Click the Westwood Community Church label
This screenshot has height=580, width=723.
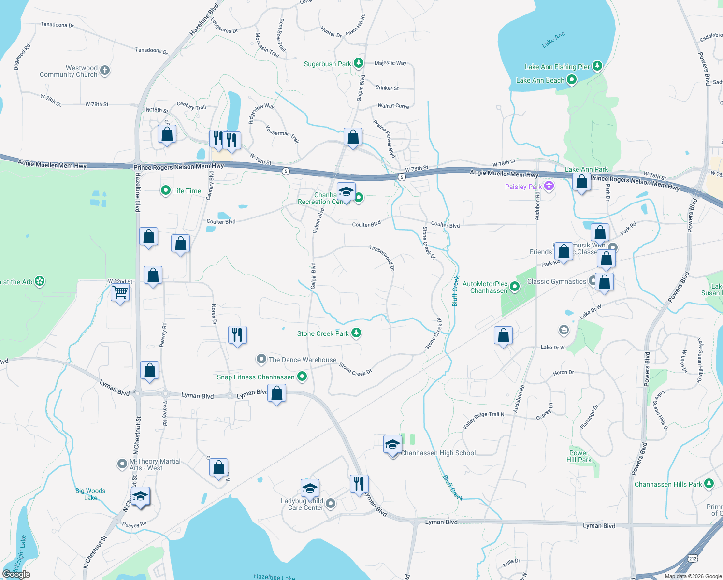pyautogui.click(x=68, y=72)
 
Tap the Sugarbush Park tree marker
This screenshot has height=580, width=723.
pyautogui.click(x=358, y=63)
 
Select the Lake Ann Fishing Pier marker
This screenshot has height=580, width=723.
pyautogui.click(x=597, y=66)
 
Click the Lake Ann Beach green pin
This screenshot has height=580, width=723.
pyautogui.click(x=571, y=80)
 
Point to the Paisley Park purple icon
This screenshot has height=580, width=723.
pyautogui.click(x=549, y=186)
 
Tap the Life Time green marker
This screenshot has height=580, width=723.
pyautogui.click(x=166, y=190)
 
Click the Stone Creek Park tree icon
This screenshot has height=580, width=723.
pyautogui.click(x=356, y=333)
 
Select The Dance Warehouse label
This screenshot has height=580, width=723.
pyautogui.click(x=302, y=360)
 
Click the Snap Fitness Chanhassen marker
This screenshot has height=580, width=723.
pyautogui.click(x=302, y=377)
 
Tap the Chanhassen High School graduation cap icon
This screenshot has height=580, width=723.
pyautogui.click(x=392, y=445)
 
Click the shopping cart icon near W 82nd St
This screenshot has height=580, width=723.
pyautogui.click(x=120, y=292)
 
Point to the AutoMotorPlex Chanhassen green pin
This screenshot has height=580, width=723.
pyautogui.click(x=515, y=287)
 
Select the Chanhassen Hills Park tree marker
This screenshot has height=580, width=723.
pyautogui.click(x=709, y=483)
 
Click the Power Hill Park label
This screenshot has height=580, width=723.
pyautogui.click(x=579, y=456)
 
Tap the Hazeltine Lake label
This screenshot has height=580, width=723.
pyautogui.click(x=274, y=577)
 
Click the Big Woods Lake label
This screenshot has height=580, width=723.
pyautogui.click(x=90, y=494)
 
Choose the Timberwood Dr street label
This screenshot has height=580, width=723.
pyautogui.click(x=382, y=257)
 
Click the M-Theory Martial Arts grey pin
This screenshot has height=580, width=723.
pyautogui.click(x=122, y=464)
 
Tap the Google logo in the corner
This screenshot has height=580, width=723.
pyautogui.click(x=16, y=574)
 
